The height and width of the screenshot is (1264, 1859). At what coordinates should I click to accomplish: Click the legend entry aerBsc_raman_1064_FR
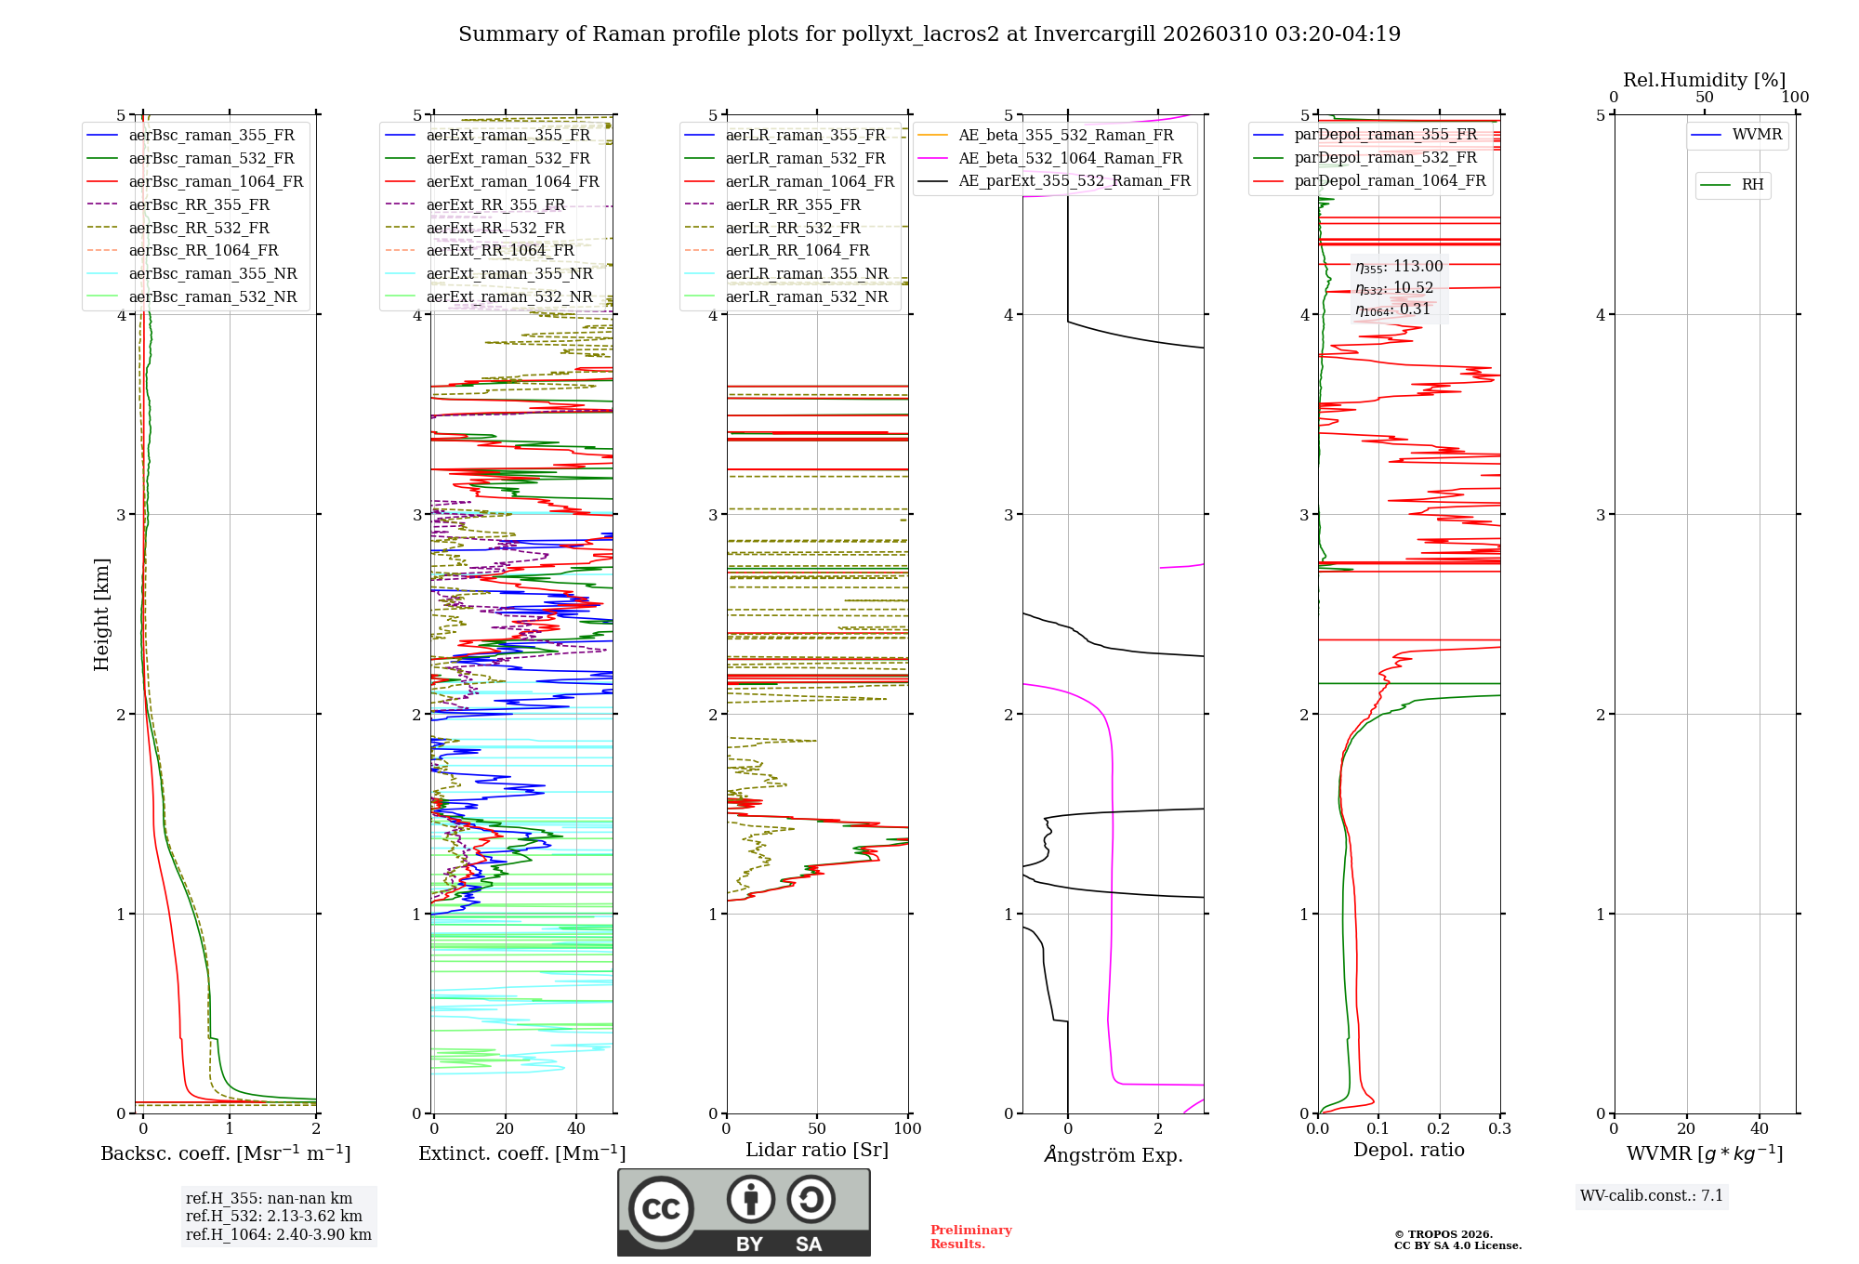pos(216,181)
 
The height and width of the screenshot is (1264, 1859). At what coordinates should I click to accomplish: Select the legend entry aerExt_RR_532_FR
pos(495,228)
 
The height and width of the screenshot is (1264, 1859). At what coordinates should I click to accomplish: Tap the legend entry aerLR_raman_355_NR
pos(806,273)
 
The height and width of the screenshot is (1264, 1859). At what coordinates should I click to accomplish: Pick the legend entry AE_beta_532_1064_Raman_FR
pos(1070,158)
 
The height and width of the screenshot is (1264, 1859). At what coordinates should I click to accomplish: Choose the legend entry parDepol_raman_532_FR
pos(1385,158)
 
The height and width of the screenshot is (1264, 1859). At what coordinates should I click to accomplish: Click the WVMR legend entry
pos(1757,135)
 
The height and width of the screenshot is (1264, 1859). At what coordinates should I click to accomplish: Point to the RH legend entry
pos(1752,185)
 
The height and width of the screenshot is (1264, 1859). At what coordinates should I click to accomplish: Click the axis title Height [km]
pos(101,614)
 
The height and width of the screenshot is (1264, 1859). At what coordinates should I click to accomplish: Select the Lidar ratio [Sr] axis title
pos(817,1150)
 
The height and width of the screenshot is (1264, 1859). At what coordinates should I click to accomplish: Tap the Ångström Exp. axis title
pos(1113,1154)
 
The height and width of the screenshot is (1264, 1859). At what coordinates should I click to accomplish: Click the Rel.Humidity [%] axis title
pos(1704,80)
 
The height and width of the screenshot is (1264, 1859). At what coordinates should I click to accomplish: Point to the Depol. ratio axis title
pos(1408,1150)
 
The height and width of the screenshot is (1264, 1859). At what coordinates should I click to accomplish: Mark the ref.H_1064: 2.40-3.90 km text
pos(279,1234)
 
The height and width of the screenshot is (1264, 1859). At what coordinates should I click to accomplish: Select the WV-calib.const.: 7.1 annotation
pos(1652,1195)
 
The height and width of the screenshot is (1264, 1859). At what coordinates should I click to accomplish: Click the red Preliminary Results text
pos(970,1236)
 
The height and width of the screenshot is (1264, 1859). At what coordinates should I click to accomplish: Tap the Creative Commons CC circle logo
pos(661,1208)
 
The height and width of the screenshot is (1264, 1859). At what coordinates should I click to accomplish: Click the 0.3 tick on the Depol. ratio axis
pos(1499,1128)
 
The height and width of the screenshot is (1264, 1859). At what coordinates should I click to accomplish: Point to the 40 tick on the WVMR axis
pos(1759,1128)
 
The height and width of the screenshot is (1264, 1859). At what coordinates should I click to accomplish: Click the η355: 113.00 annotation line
pos(1399,267)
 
